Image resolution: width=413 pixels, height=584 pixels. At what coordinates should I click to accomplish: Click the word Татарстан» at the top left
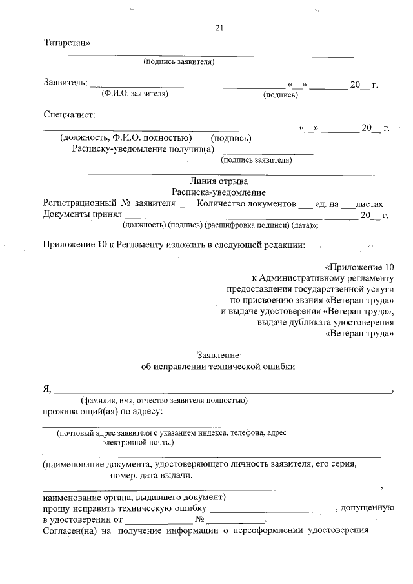(67, 43)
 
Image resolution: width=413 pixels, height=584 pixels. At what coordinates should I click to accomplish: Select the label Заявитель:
(65, 83)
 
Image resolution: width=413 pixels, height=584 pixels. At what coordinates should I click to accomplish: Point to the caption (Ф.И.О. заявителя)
(135, 94)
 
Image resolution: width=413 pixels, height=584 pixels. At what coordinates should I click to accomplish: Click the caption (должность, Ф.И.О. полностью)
(125, 137)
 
